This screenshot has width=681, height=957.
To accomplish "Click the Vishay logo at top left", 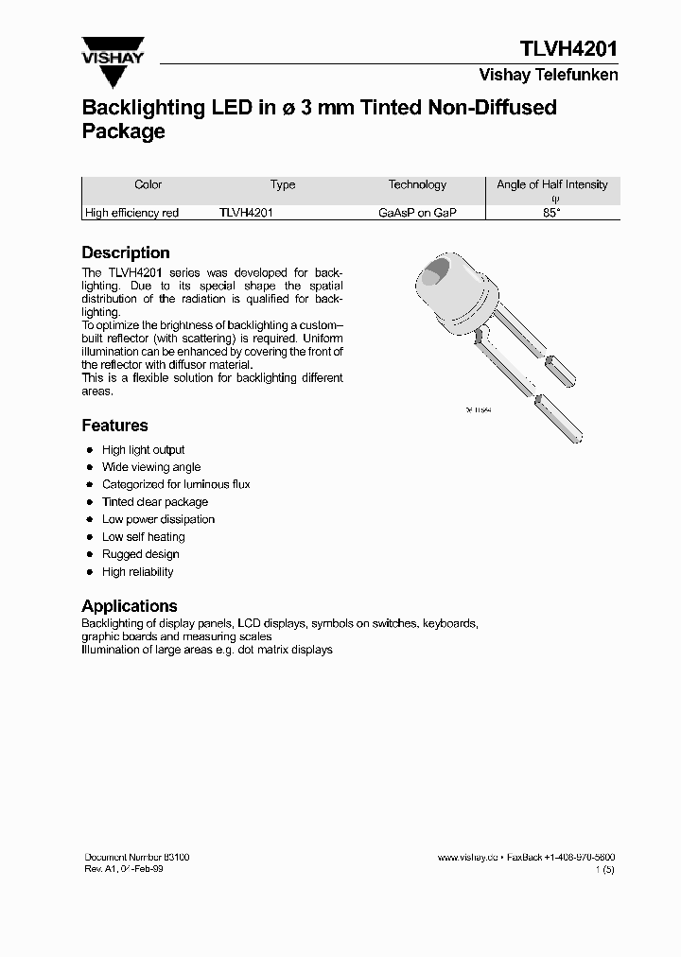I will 113,53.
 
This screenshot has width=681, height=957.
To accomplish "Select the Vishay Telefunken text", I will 549,75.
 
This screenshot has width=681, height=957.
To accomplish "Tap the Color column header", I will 148,185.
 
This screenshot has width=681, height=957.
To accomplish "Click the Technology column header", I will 417,185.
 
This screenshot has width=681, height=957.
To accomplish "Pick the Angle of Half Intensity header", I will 552,185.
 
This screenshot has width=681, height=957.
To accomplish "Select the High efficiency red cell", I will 131,214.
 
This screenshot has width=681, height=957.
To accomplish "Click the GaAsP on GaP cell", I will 417,214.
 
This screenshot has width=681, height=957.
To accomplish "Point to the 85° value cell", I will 553,214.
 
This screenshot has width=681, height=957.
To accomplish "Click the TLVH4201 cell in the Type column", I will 246,214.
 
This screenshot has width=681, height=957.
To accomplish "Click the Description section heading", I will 126,252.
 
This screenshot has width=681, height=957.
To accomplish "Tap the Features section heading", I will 114,426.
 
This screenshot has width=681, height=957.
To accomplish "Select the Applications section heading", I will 130,606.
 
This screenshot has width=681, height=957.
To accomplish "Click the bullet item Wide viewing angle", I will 151,467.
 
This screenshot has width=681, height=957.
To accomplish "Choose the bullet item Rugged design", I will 140,554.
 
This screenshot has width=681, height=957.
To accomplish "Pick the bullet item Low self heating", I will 144,537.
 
